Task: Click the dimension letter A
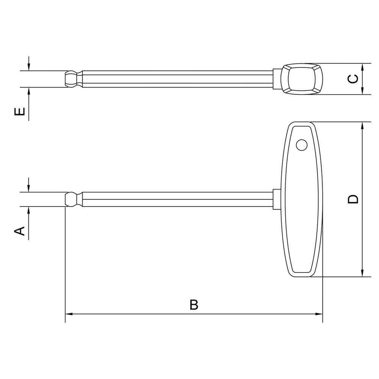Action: pyautogui.click(x=20, y=230)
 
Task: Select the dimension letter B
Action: pyautogui.click(x=194, y=305)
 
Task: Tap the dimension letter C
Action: pyautogui.click(x=353, y=78)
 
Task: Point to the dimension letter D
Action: pyautogui.click(x=353, y=199)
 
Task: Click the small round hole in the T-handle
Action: pyautogui.click(x=302, y=145)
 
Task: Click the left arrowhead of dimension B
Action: pyautogui.click(x=69, y=314)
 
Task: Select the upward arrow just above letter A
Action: pyautogui.click(x=29, y=211)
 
